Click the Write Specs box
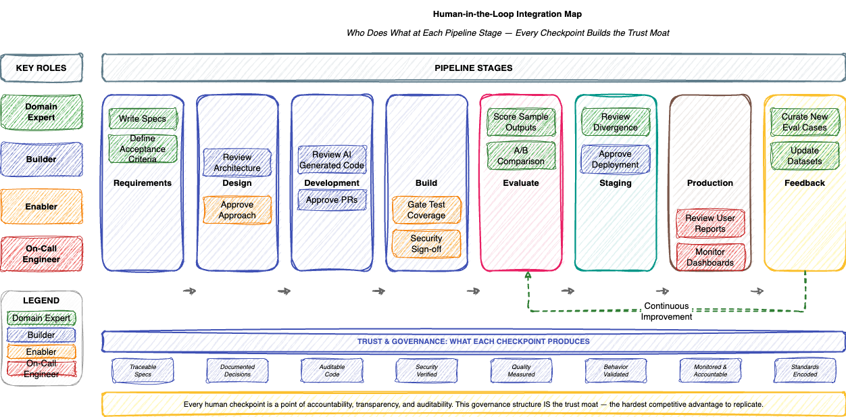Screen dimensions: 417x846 [x=143, y=119]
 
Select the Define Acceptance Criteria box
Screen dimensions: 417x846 [x=143, y=149]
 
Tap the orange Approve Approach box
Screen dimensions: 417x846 [x=237, y=210]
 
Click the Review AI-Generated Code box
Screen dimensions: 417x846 [x=332, y=160]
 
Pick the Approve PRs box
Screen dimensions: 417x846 [x=332, y=200]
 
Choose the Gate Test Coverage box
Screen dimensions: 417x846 [x=426, y=210]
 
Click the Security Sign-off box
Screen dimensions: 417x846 [x=426, y=243]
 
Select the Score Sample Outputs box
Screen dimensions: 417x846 [x=521, y=122]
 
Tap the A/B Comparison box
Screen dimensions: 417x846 [x=521, y=156]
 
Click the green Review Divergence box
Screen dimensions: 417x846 [x=616, y=122]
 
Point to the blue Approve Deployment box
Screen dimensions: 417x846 [x=616, y=159]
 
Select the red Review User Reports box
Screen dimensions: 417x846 [x=710, y=223]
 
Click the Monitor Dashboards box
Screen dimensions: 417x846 [x=710, y=257]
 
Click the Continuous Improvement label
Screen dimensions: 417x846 [x=666, y=311]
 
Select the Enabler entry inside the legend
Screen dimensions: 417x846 [x=42, y=351]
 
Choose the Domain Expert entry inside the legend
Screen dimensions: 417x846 [x=42, y=318]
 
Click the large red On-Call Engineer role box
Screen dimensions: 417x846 [x=42, y=253]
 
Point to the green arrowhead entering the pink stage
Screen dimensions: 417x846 [x=528, y=275]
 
